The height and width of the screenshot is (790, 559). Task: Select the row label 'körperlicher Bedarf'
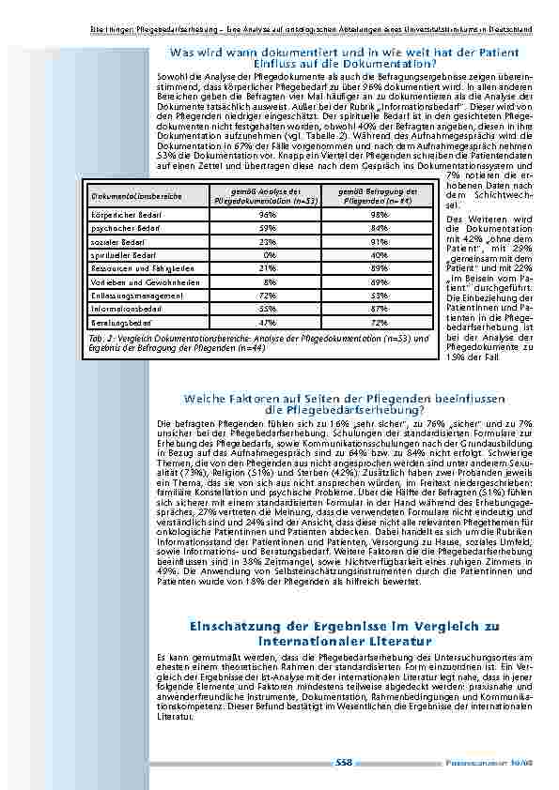116,214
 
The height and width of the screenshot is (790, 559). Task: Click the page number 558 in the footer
343,762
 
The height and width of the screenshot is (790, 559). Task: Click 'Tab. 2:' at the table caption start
101,337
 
